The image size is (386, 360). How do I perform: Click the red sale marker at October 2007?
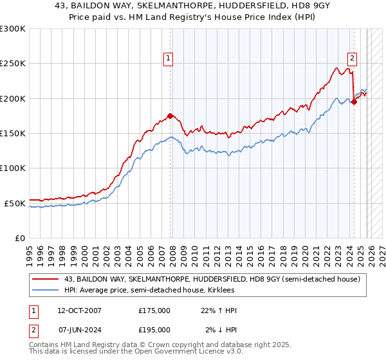coord(170,116)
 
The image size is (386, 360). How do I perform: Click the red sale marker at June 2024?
coord(354,102)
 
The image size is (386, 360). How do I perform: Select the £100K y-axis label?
coord(13,168)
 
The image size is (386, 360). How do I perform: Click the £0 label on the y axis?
coord(19,238)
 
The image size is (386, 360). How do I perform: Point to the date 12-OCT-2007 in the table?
coord(79,310)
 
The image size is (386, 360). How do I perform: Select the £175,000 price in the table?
coord(154,310)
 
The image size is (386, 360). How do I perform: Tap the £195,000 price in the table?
coord(154,329)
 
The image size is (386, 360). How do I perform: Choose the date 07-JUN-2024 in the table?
coord(79,329)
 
